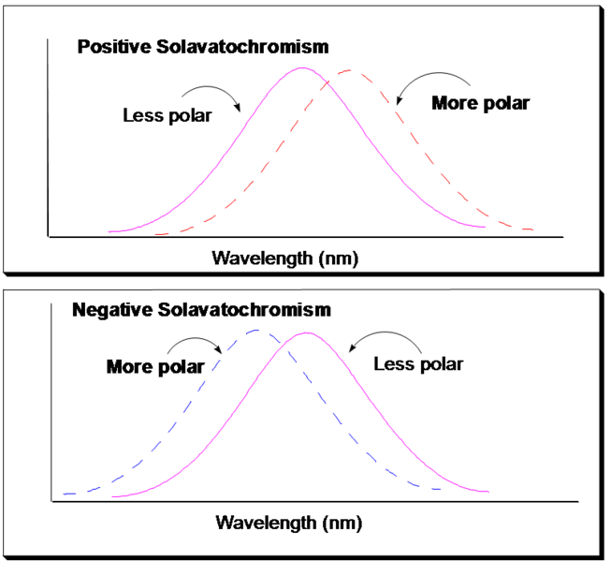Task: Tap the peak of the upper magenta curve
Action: pyautogui.click(x=299, y=68)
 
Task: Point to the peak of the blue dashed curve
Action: pyautogui.click(x=254, y=330)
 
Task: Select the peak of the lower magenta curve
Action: pyautogui.click(x=305, y=332)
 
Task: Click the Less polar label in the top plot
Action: pyautogui.click(x=167, y=116)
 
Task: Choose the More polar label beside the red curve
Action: pyautogui.click(x=480, y=104)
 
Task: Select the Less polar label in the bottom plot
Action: pyautogui.click(x=418, y=364)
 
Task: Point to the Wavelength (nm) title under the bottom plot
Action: pyautogui.click(x=288, y=523)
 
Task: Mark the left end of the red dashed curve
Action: pyautogui.click(x=155, y=233)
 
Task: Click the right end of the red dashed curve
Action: pyautogui.click(x=533, y=229)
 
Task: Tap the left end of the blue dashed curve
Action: pyautogui.click(x=64, y=493)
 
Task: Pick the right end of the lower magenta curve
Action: pyautogui.click(x=489, y=492)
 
